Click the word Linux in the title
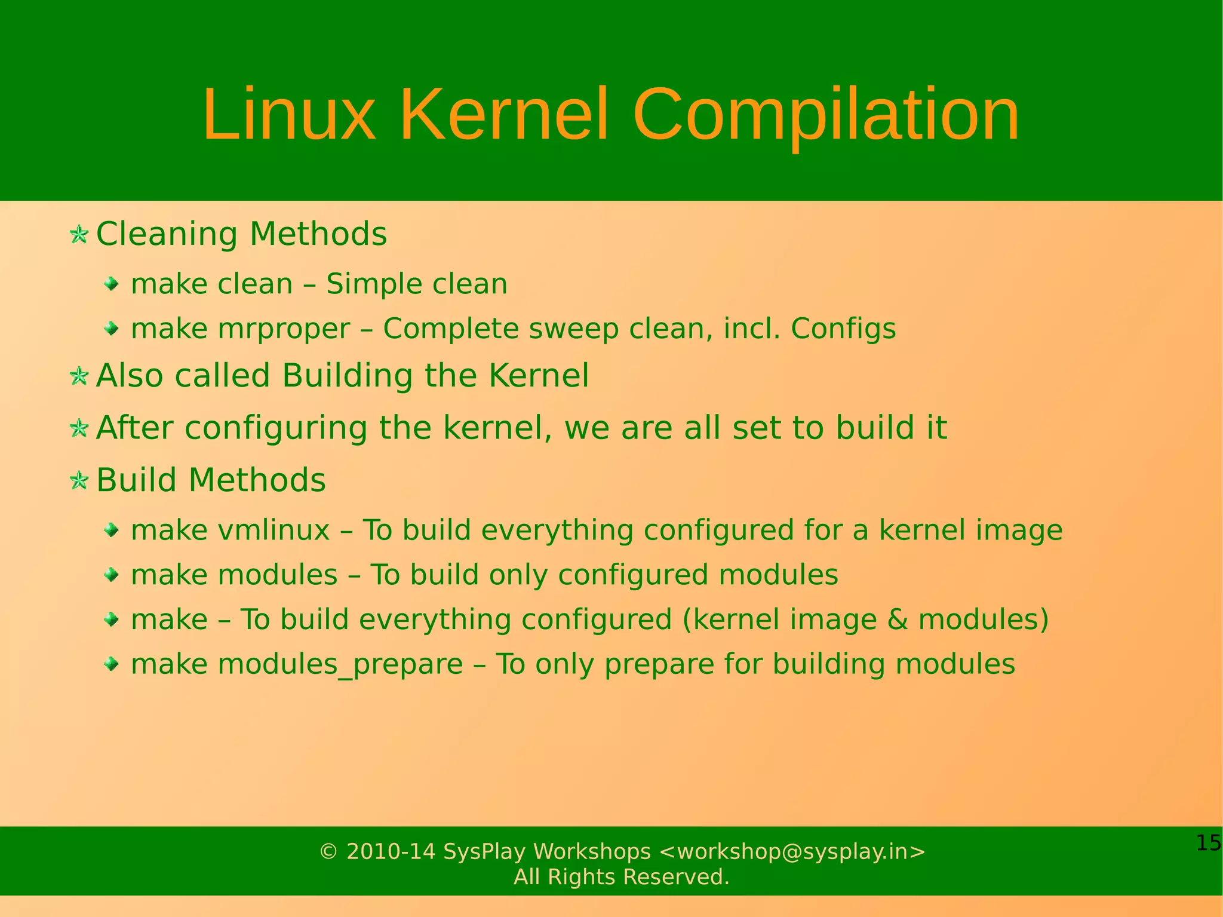pos(289,115)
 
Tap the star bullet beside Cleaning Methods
pos(79,234)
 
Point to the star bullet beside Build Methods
pos(79,480)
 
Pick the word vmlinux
pos(274,530)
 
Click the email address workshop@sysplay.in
pos(792,851)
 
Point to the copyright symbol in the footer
pos(328,851)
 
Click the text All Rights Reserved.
pos(622,877)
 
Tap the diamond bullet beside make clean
pos(111,284)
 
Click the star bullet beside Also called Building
pos(79,376)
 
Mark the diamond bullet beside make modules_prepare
pos(111,664)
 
